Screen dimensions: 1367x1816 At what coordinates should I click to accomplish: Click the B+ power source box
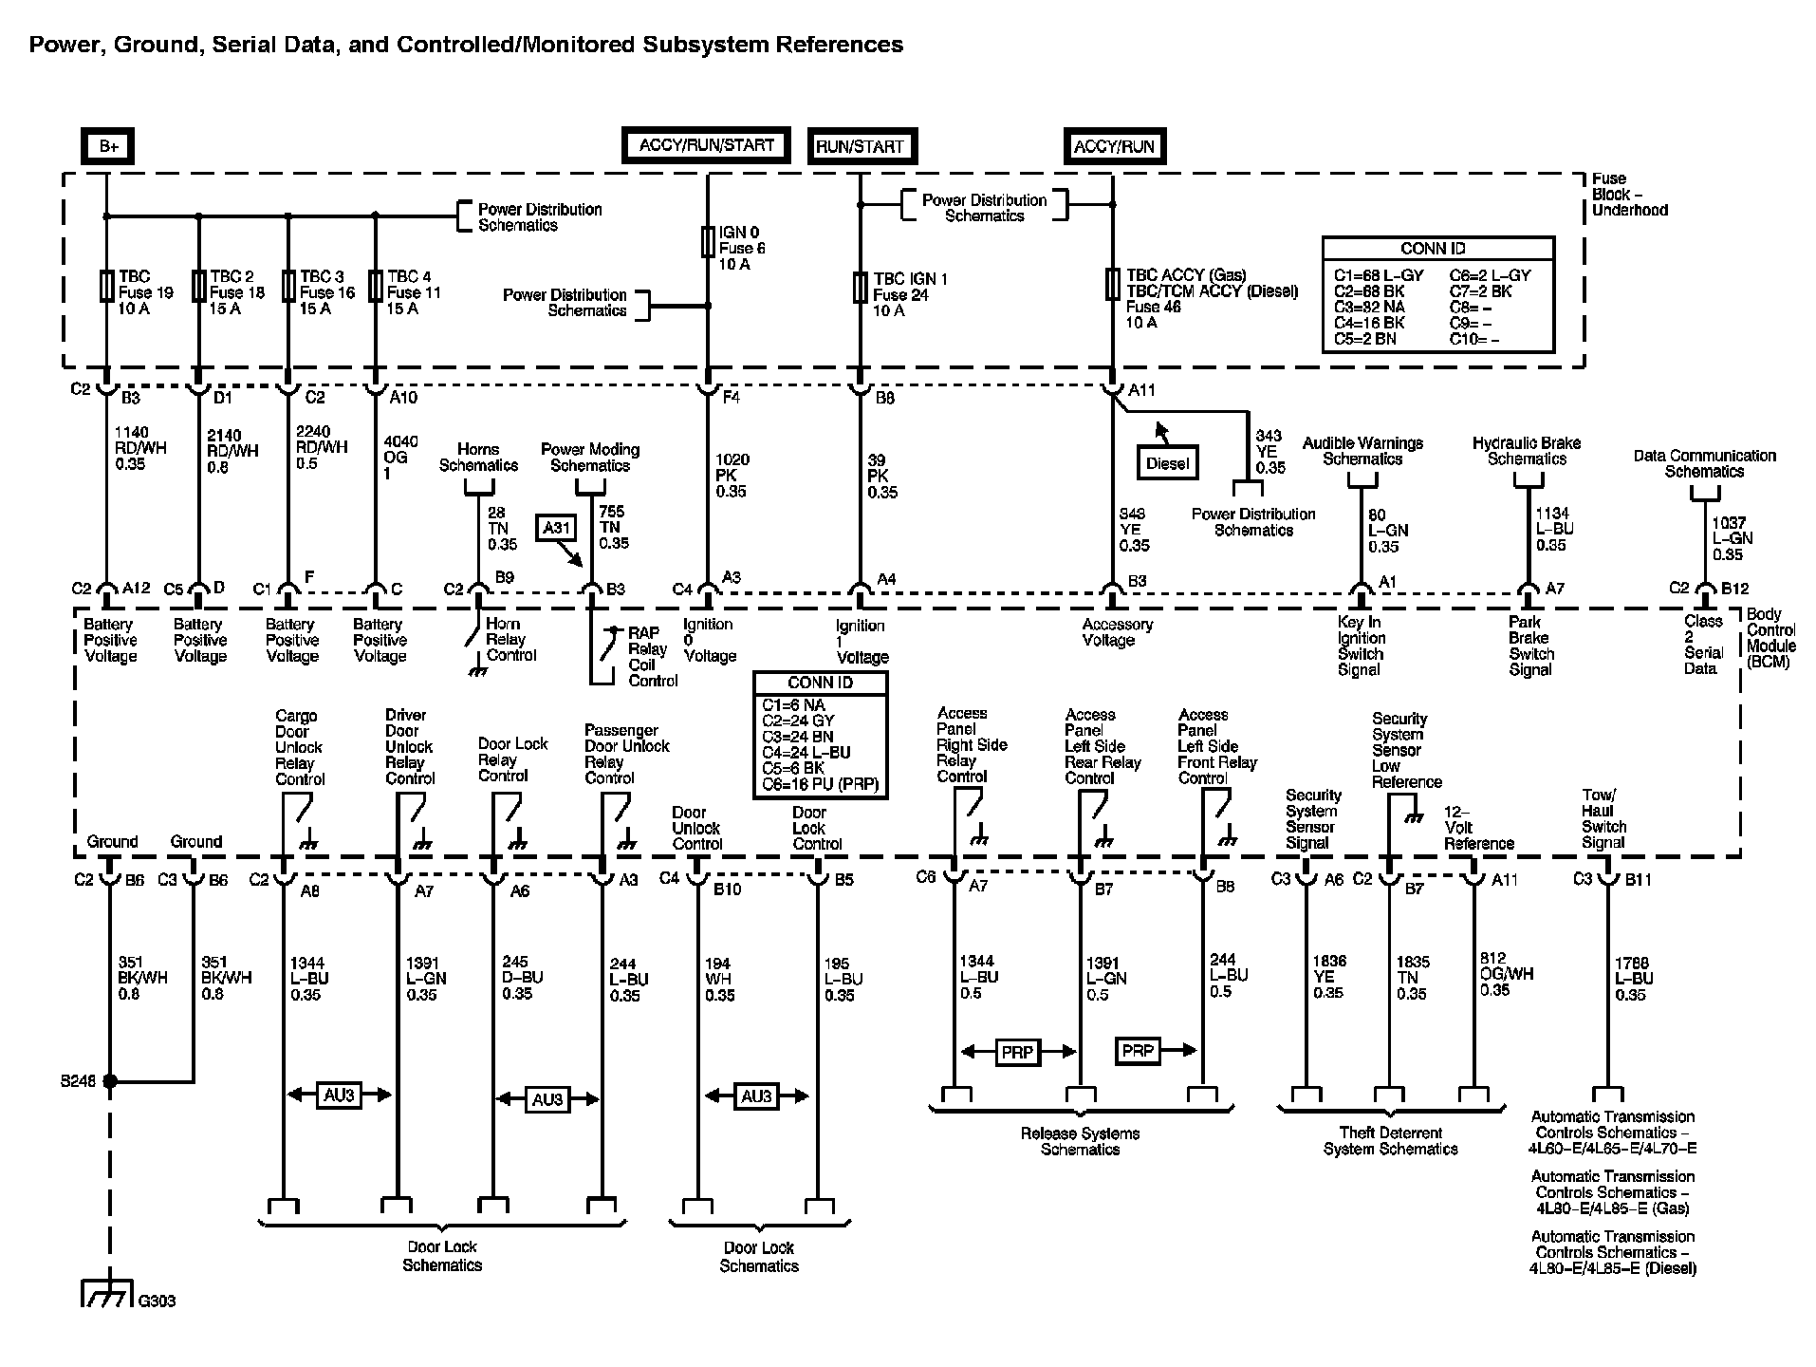point(108,147)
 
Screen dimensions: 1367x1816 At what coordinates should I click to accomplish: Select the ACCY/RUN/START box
point(706,146)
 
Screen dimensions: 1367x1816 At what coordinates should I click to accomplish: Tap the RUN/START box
point(861,147)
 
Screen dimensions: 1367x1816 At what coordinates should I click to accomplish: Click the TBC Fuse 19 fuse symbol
point(106,286)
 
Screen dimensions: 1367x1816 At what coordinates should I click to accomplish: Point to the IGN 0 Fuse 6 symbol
point(707,242)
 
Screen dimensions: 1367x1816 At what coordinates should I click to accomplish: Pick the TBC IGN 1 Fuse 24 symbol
point(860,287)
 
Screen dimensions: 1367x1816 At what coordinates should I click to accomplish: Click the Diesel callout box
point(1167,463)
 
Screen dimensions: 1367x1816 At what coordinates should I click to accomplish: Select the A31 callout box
point(554,527)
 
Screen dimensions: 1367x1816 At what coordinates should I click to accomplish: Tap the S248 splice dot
point(110,1081)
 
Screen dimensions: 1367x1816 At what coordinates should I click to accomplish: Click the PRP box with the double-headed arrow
point(1017,1052)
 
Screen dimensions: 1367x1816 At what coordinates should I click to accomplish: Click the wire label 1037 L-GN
point(1732,538)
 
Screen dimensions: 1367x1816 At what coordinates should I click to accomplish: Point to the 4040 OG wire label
point(398,458)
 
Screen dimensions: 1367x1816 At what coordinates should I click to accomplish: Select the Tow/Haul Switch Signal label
point(1603,819)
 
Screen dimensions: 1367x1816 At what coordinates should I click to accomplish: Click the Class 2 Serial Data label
point(1703,645)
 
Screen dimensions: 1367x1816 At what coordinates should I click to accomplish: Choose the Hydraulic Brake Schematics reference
point(1527,451)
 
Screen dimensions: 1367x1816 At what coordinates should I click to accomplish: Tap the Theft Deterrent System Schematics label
point(1390,1140)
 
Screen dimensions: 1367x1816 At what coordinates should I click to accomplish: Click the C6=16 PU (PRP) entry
point(821,784)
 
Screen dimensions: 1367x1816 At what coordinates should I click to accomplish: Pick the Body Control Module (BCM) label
point(1770,637)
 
